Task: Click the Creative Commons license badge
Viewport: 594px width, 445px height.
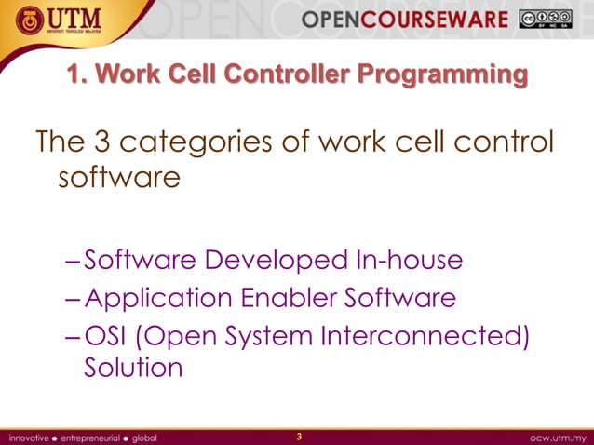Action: (548, 19)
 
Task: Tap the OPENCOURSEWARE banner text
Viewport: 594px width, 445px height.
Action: (416, 20)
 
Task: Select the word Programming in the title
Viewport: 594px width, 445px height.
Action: (449, 73)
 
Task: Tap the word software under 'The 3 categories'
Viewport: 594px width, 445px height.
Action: (118, 176)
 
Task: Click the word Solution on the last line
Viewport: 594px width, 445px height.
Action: (133, 368)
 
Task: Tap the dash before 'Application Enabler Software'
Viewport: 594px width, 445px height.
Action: (74, 299)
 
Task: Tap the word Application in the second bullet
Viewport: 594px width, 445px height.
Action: (158, 299)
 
